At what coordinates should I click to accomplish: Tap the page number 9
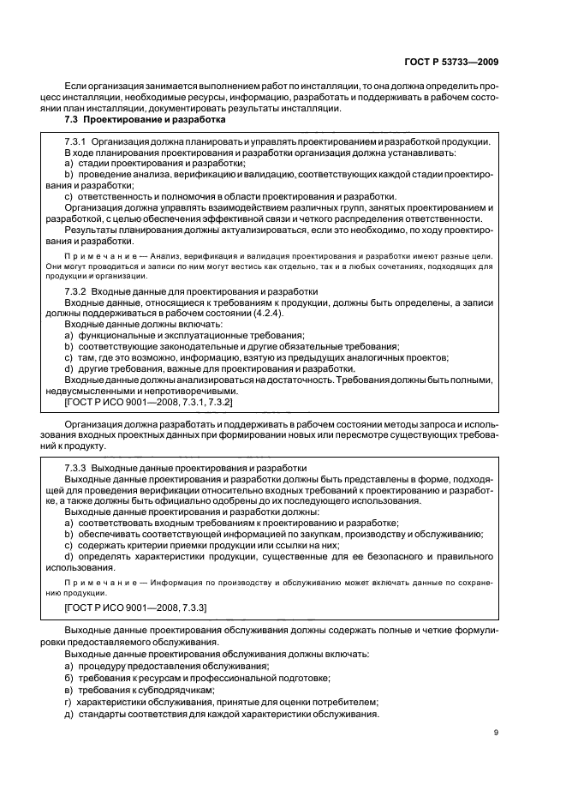click(497, 732)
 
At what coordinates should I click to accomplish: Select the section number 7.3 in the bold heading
click(72, 121)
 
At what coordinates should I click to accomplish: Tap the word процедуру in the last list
click(105, 666)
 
